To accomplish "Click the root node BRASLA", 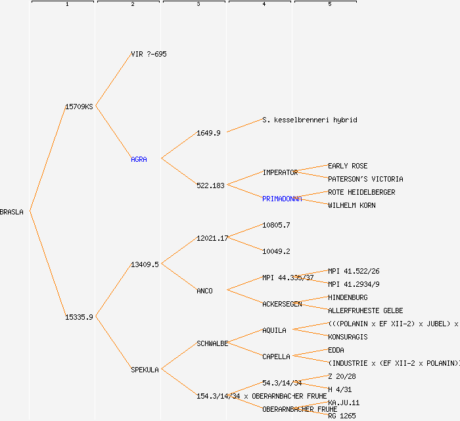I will coord(12,212).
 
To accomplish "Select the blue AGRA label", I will coord(139,159).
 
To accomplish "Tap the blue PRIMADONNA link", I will coord(282,199).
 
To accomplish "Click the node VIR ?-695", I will coord(149,54).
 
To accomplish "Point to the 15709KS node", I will coord(79,107).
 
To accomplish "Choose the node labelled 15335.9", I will coord(79,317).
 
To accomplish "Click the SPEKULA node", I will coord(145,370).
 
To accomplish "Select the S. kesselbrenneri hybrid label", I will coord(310,120).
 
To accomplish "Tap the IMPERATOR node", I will coord(280,172).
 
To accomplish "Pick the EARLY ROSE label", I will coord(348,166).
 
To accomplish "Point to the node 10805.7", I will coord(276,225).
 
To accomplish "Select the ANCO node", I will coord(204,291).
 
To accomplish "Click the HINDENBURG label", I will coord(348,297).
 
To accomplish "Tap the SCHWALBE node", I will coord(212,343).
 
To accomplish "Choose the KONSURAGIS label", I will coord(348,337).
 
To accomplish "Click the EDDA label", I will coord(336,350).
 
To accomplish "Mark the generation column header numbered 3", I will coord(198,5).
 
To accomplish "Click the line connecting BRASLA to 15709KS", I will coord(47,159).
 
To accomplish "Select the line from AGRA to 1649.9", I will coord(179,146).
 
